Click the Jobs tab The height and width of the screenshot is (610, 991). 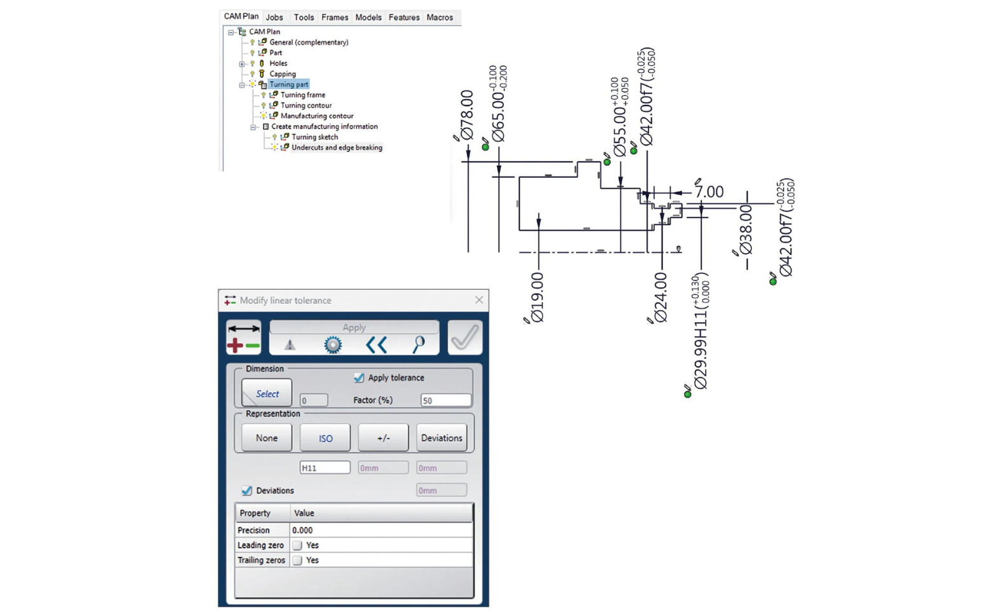[274, 17]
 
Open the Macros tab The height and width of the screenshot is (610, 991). [440, 17]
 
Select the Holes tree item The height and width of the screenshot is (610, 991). [278, 64]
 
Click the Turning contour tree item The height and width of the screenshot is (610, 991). [306, 105]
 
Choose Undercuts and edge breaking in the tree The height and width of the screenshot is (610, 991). [337, 147]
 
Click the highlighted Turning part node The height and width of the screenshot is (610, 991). [289, 84]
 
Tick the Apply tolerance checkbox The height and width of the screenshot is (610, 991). [359, 377]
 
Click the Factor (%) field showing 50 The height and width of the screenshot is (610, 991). [445, 400]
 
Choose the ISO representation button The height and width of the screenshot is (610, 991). [325, 438]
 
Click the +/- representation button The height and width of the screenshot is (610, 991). [383, 438]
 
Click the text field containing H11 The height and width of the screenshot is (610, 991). [325, 468]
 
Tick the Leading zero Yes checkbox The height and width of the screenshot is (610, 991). [297, 545]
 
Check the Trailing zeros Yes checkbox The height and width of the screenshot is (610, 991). [297, 560]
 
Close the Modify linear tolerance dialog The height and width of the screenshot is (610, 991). [479, 300]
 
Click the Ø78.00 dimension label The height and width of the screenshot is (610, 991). [467, 116]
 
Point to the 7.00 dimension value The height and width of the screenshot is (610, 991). [709, 192]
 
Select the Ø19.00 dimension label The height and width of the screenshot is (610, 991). [537, 297]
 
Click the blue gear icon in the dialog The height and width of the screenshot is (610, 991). [333, 344]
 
